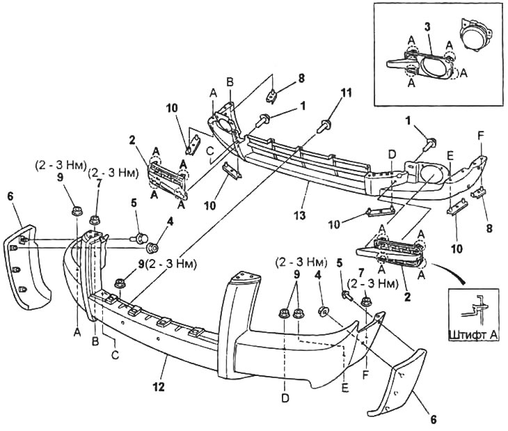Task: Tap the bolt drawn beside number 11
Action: (x=324, y=125)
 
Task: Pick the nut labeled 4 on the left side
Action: (x=150, y=246)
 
